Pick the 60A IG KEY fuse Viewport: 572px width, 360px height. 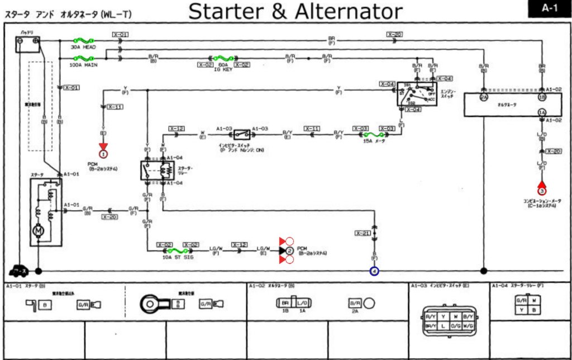(x=223, y=58)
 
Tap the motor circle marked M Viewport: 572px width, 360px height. (x=39, y=230)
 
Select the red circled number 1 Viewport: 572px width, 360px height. (x=103, y=154)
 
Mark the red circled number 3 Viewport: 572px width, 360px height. (x=541, y=191)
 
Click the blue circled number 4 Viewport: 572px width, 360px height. (x=374, y=271)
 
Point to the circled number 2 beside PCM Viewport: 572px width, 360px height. (x=289, y=251)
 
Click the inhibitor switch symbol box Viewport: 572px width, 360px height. (x=241, y=134)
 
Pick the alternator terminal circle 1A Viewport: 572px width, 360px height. (x=541, y=112)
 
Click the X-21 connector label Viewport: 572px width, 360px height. (x=363, y=232)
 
